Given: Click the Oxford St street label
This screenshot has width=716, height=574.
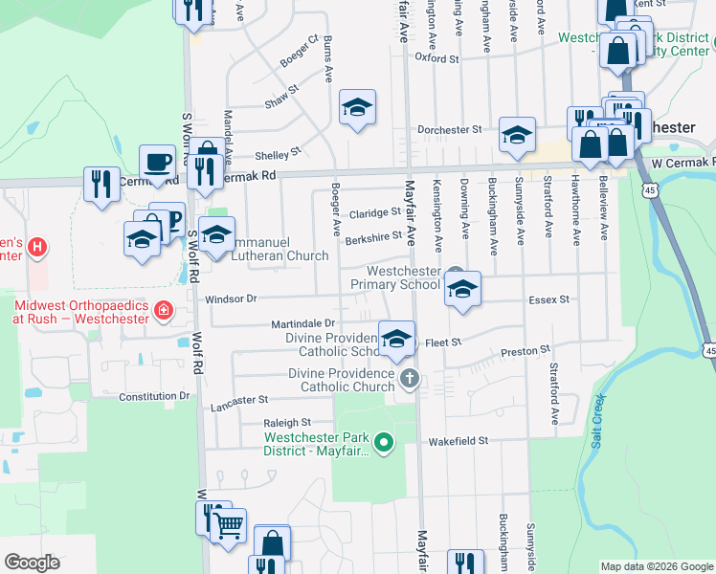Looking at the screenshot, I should coord(436,58).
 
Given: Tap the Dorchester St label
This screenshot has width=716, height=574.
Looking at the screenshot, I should coord(448,129).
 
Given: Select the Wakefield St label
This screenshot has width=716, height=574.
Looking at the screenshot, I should coord(459,441).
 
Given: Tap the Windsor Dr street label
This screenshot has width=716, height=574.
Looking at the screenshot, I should coord(232,298).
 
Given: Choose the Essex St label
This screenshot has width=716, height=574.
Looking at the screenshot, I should coord(549,299).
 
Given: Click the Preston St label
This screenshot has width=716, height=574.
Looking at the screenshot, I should coord(526,352).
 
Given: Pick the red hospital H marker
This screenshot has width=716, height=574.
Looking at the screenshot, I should coord(37,248).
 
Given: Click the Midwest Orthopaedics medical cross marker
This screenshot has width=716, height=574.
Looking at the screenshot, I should coord(164,311).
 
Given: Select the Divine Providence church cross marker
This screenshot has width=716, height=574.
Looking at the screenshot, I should coord(409,378).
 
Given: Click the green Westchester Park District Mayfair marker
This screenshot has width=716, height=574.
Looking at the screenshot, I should coord(384,442).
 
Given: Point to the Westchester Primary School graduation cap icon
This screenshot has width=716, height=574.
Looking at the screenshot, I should coord(462,290).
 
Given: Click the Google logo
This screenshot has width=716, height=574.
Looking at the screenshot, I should coord(32,563).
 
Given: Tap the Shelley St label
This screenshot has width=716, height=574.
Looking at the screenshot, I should coord(278,153).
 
